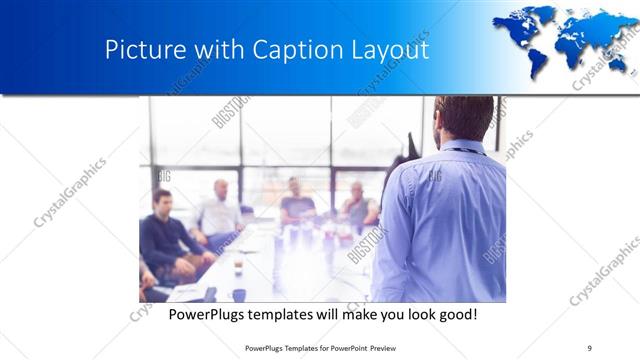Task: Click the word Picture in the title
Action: [139, 50]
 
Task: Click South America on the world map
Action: [538, 60]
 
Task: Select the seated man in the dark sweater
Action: [162, 235]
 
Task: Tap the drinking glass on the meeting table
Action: [238, 267]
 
